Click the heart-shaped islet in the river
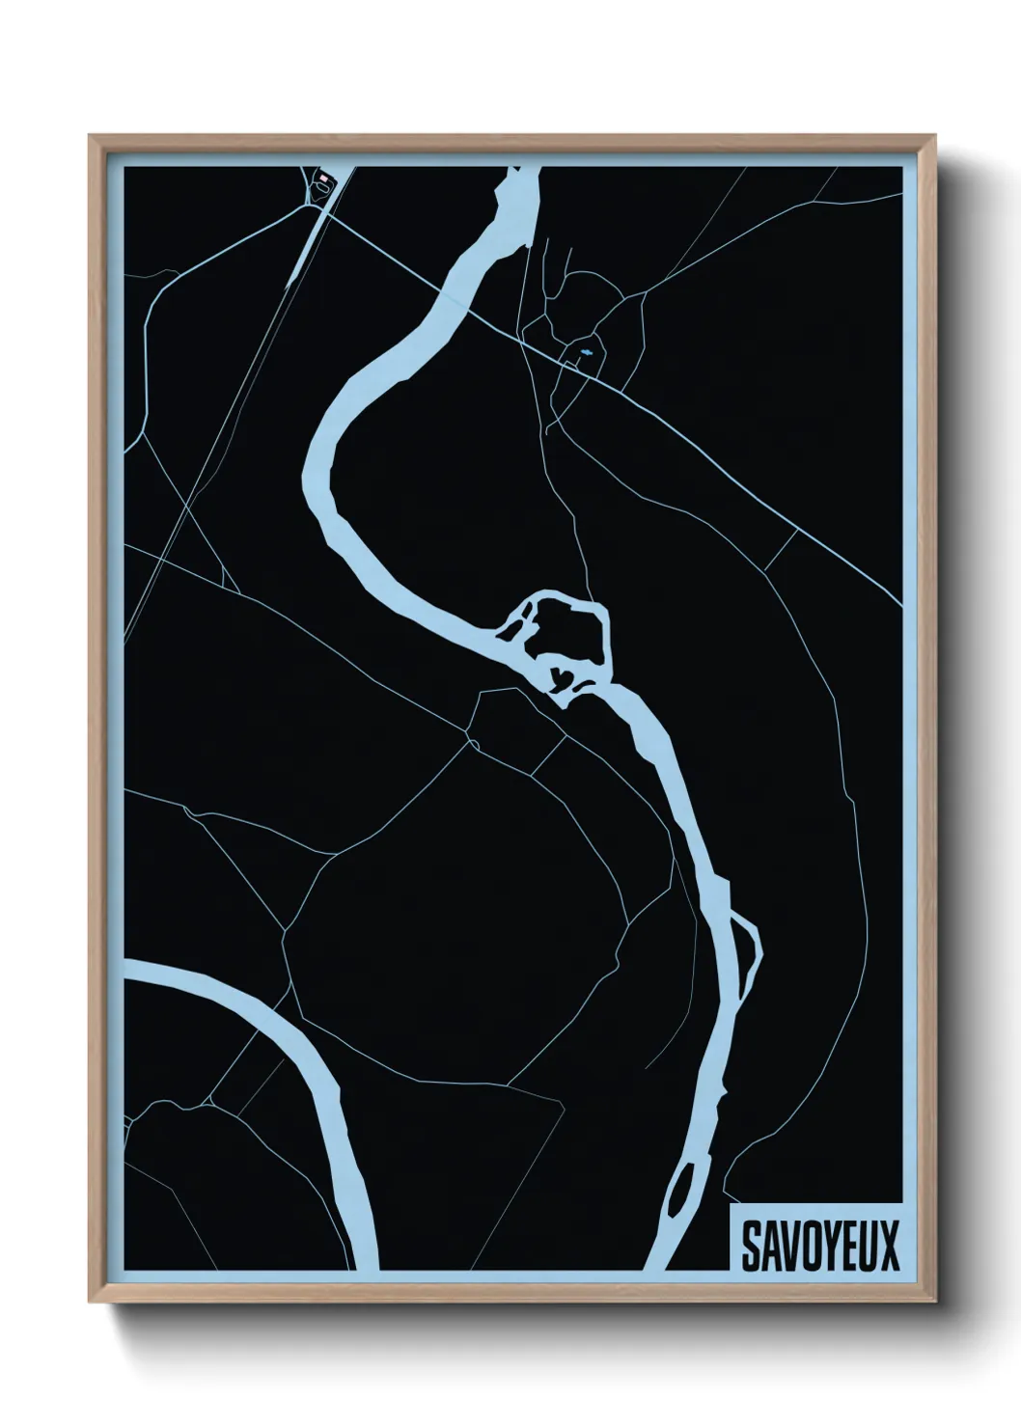click(559, 676)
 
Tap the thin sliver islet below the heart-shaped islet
click(586, 688)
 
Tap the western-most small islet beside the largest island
click(506, 631)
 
